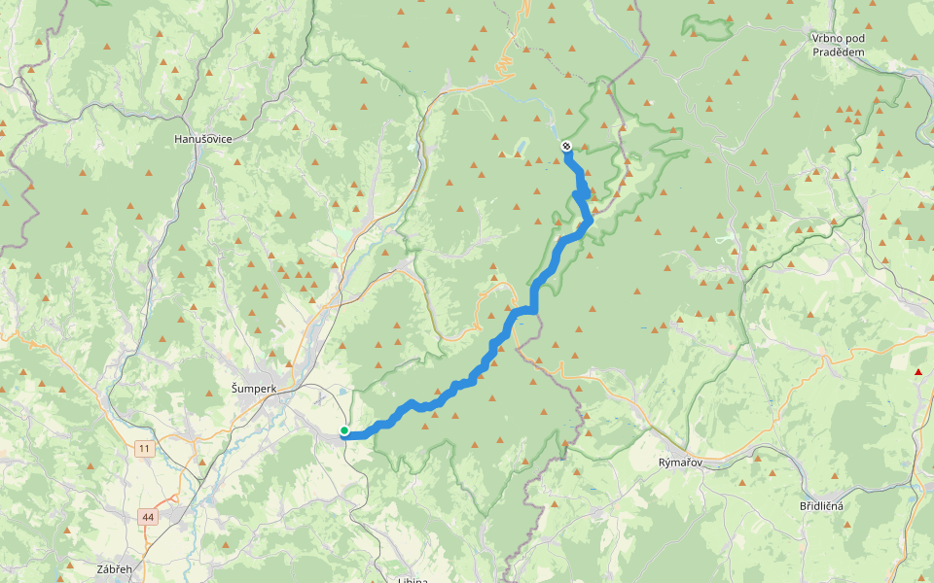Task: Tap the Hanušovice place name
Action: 202,139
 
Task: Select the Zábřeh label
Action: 114,567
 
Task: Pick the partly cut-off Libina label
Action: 414,579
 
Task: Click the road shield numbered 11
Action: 145,448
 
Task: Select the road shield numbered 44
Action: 147,516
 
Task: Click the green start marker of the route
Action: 344,430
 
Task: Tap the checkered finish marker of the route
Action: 566,146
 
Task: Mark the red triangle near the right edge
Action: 917,372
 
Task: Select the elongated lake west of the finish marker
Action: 521,148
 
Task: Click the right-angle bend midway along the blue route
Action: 533,309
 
